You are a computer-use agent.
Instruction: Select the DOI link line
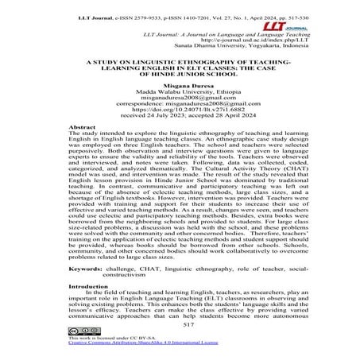click(x=180, y=122)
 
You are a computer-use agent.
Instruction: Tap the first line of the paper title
click(x=180, y=61)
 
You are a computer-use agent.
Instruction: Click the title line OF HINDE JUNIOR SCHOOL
click(x=180, y=75)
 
